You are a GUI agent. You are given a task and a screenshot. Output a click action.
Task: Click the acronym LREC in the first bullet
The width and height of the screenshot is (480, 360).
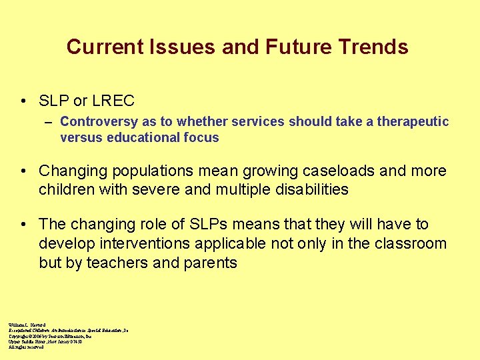[x=113, y=101]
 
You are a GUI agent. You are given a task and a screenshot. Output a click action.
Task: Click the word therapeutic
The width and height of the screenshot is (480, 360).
[x=413, y=122]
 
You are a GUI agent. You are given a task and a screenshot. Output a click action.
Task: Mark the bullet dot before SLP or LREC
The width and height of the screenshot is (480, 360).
[x=24, y=102]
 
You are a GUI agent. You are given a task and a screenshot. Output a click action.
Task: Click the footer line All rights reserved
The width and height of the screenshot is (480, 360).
[x=26, y=347]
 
